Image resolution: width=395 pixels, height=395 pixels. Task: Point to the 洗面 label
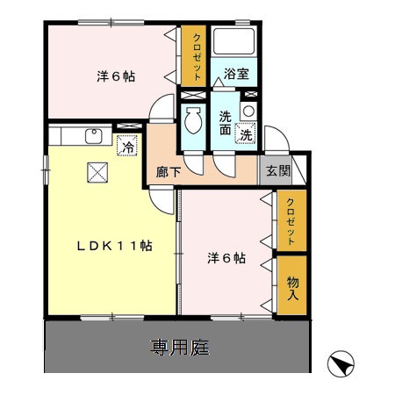click(226, 123)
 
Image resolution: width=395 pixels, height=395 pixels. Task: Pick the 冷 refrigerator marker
click(128, 147)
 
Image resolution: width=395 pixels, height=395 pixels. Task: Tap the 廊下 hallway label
click(169, 172)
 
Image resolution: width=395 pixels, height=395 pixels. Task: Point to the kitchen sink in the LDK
click(91, 136)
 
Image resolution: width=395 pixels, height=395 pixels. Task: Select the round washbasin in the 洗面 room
click(248, 111)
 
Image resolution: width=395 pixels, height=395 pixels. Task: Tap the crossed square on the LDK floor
click(95, 172)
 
